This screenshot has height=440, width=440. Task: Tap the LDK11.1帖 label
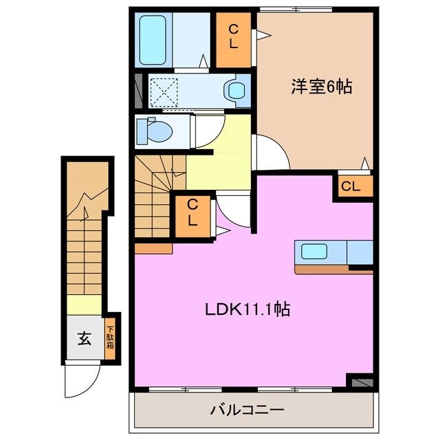pyautogui.click(x=247, y=309)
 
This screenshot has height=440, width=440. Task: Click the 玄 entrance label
pyautogui.click(x=84, y=338)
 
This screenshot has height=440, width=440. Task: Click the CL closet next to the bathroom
pyautogui.click(x=233, y=38)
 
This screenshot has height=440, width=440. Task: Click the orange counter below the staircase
pyautogui.click(x=153, y=248)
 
